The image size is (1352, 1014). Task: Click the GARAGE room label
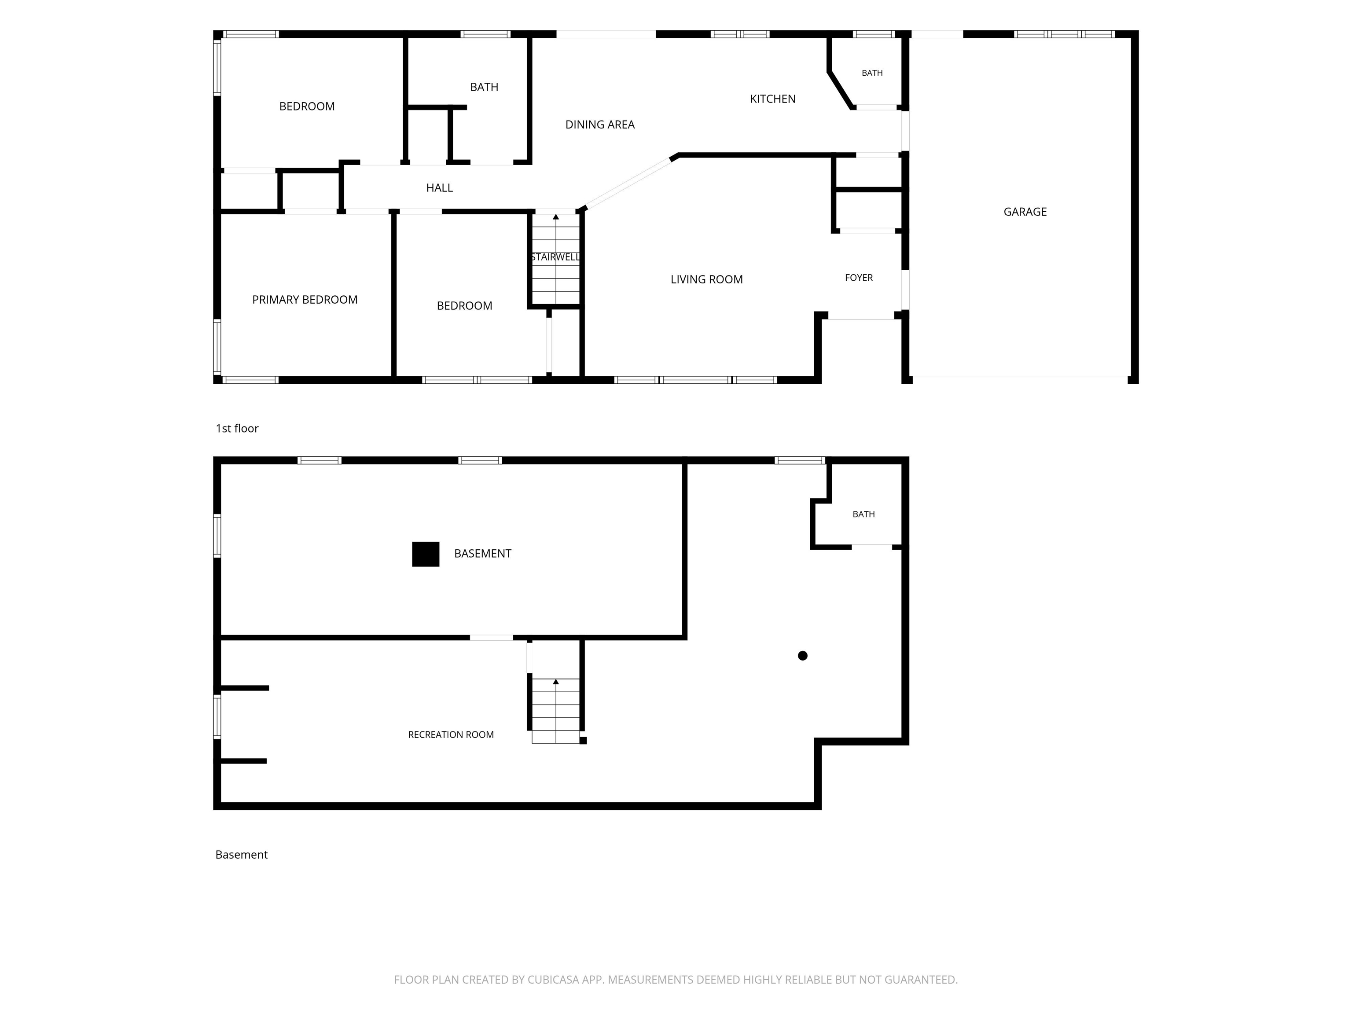point(1025,212)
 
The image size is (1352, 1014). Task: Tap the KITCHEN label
point(772,99)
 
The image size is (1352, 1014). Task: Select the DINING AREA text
point(599,125)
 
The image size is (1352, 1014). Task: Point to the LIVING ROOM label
point(706,279)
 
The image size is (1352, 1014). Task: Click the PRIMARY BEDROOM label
point(305,300)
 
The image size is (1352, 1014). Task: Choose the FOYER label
point(859,278)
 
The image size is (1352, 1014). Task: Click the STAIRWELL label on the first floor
point(555,257)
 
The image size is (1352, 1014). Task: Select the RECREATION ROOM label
point(451,735)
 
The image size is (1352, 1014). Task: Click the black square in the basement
point(426,555)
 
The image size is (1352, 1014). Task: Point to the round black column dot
point(802,656)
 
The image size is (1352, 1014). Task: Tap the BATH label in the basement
point(863,514)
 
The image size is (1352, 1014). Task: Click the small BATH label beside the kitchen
point(872,73)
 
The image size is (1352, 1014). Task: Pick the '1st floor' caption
point(237,429)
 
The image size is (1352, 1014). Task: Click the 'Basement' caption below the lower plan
point(242,855)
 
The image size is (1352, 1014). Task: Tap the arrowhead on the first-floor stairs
point(555,217)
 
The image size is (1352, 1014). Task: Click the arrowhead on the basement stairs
point(555,681)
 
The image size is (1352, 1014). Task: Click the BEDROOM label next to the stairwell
point(464,305)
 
